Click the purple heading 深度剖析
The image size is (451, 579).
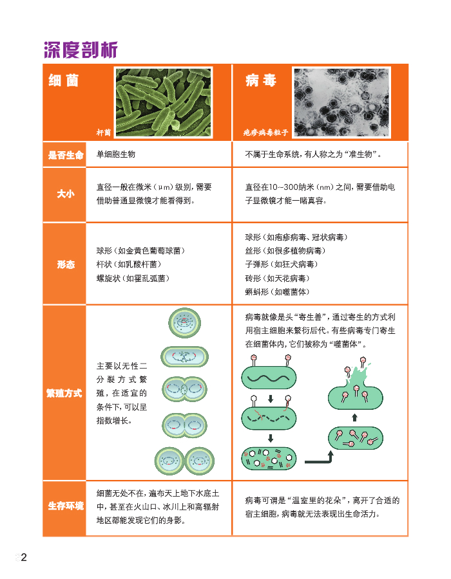pos(81,50)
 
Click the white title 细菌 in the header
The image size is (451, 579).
pos(64,80)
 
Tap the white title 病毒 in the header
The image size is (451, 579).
pos(261,80)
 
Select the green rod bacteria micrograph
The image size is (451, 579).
pos(164,102)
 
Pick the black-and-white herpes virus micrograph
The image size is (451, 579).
pos(341,102)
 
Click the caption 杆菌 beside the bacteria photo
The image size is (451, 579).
pos(104,132)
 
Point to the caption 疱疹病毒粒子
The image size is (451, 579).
pos(265,132)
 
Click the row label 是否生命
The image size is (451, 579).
pos(66,155)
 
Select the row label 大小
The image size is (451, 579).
pos(66,194)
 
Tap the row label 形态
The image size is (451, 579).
pos(66,264)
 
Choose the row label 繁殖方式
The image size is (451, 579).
pos(64,393)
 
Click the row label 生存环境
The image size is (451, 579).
pos(66,506)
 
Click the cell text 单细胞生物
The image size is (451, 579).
pos(116,154)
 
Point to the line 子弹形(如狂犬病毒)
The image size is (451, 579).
pos(282,264)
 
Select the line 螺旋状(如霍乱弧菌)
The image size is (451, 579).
pos(133,278)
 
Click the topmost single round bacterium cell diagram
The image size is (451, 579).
pos(184,323)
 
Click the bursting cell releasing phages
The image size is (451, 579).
pos(355,388)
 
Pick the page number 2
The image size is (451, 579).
pos(24,557)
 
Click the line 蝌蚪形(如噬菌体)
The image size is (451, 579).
pos(277,291)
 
